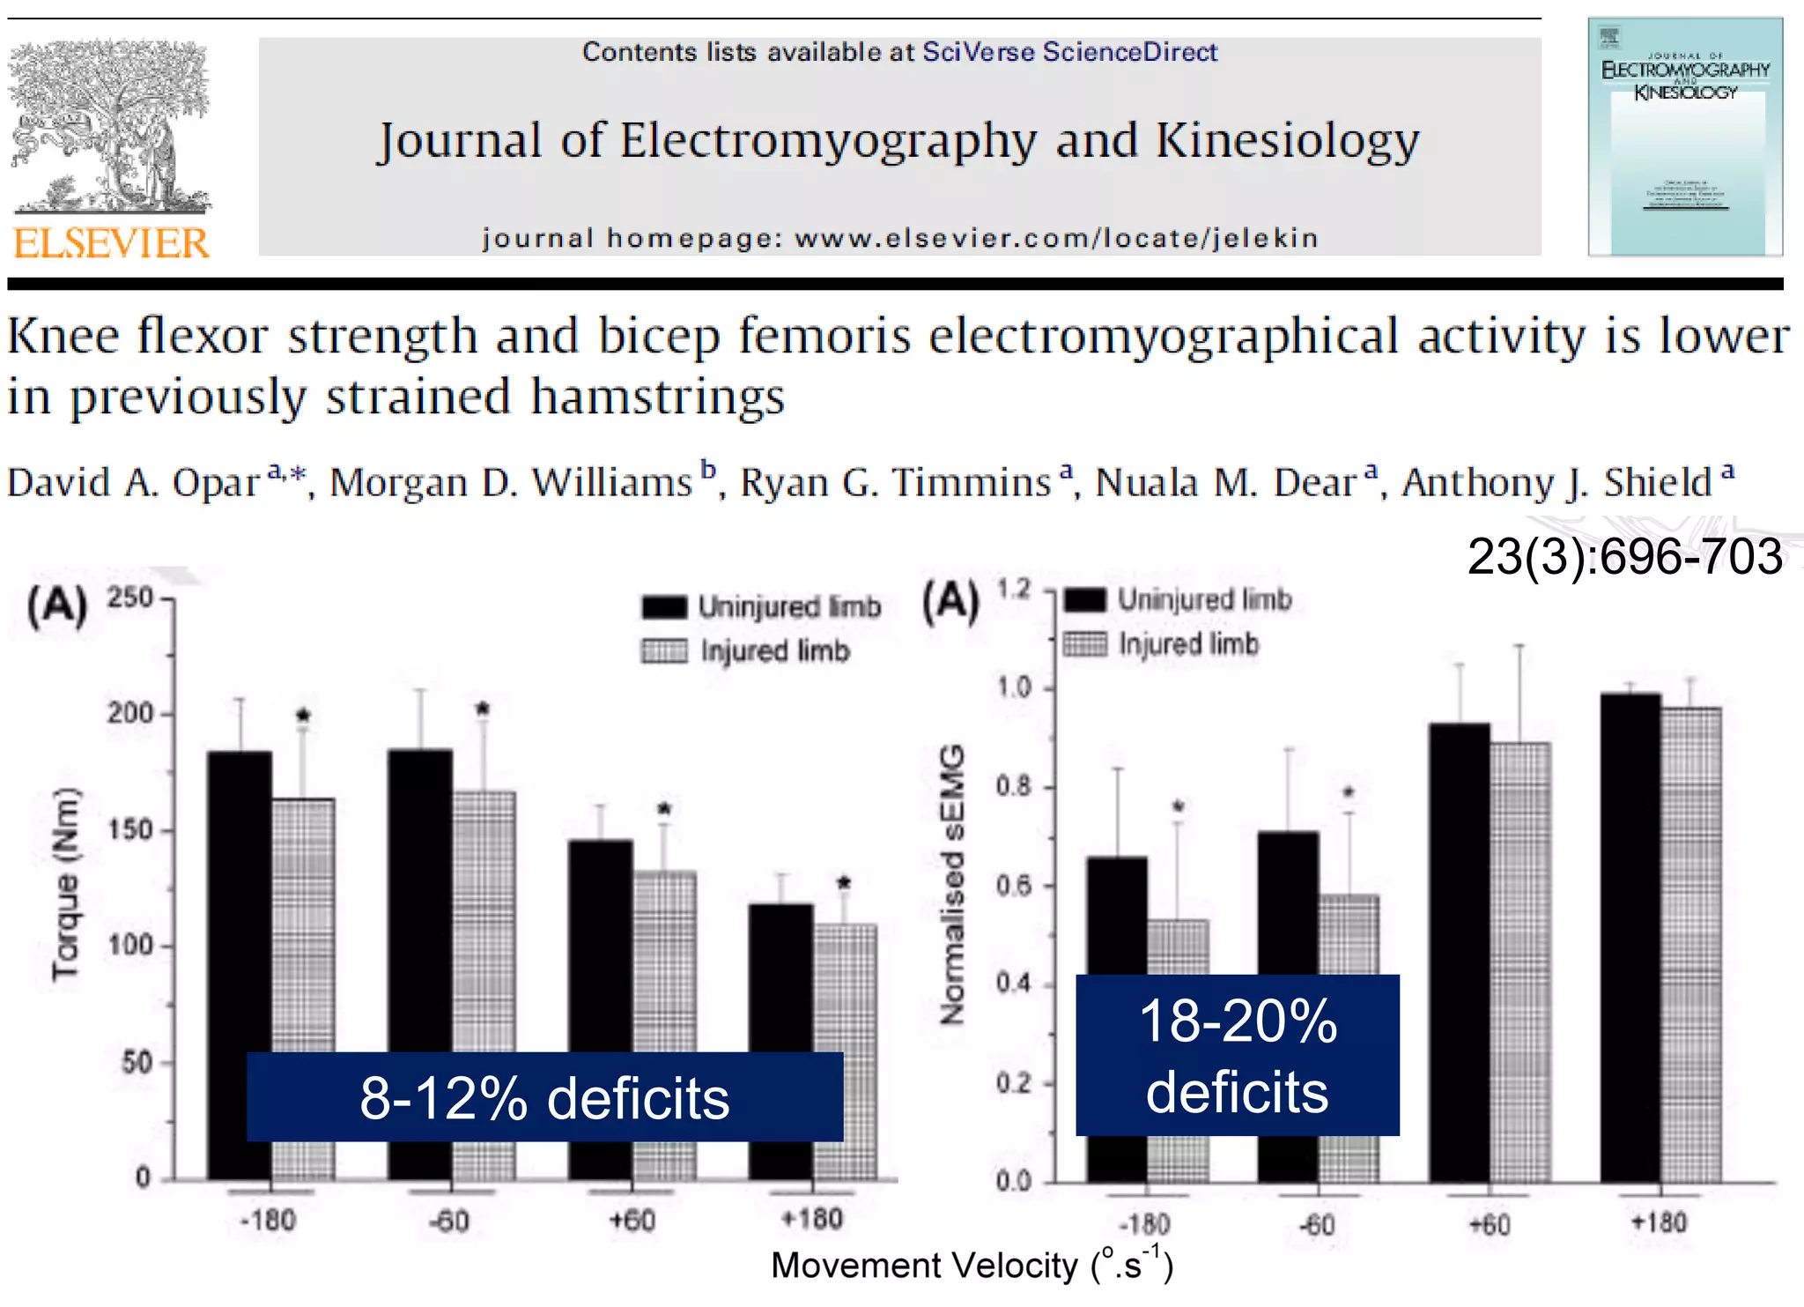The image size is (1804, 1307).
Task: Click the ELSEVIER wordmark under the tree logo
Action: [x=111, y=243]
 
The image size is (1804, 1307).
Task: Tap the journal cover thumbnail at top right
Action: [x=1684, y=137]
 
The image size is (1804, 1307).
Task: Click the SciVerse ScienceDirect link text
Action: [x=1069, y=52]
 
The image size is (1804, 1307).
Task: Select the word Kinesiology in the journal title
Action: [x=1287, y=141]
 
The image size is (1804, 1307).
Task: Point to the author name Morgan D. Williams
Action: [x=512, y=483]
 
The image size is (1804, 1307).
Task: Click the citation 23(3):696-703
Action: [x=1624, y=557]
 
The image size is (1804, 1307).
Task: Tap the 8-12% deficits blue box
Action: [x=544, y=1097]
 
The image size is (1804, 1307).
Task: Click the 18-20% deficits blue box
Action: [x=1237, y=1055]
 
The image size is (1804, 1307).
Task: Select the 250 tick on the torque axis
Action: [x=129, y=598]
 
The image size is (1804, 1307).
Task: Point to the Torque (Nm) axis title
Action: [x=66, y=883]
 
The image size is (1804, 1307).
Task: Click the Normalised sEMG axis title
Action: [x=952, y=884]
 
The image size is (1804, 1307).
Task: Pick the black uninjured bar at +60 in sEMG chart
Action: [x=1459, y=952]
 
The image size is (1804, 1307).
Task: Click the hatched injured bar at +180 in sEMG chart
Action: [x=1690, y=943]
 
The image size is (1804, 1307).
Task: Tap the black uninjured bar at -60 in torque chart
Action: [x=420, y=899]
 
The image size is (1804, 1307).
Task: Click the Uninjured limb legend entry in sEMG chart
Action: [x=1179, y=600]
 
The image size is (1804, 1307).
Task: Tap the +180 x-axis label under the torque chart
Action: [x=812, y=1220]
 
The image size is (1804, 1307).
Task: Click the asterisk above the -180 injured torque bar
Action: [x=303, y=715]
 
